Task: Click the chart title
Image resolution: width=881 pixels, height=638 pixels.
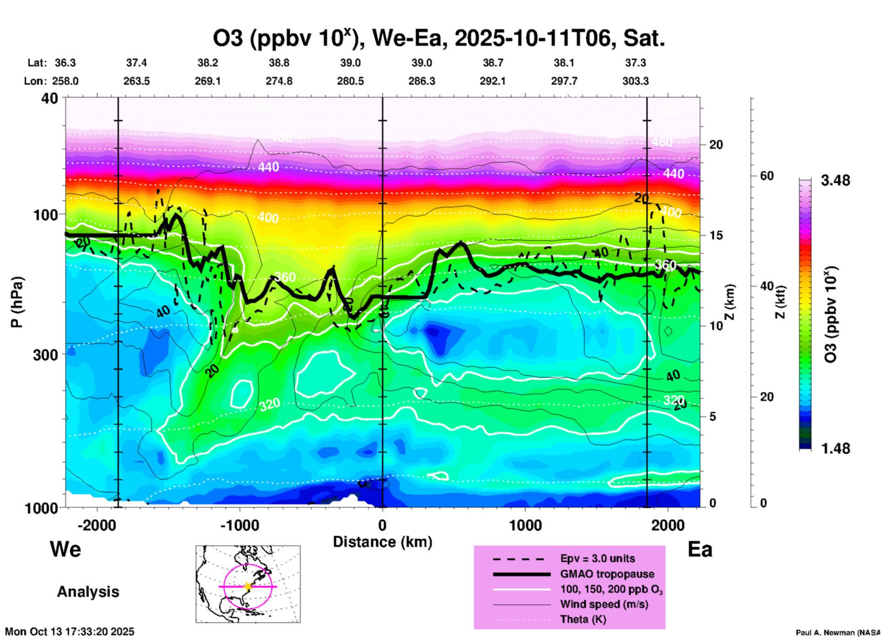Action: click(438, 38)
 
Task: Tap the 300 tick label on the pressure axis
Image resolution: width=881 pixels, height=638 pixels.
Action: click(45, 355)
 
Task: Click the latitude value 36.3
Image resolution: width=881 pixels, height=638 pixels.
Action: click(65, 63)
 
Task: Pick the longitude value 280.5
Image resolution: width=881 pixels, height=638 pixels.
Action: click(350, 81)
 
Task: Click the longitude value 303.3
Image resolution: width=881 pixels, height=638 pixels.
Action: click(635, 81)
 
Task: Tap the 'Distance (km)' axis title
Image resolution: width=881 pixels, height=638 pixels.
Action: click(382, 542)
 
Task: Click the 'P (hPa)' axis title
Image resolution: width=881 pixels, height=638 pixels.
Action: click(17, 302)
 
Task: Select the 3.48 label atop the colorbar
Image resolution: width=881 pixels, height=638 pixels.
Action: click(835, 181)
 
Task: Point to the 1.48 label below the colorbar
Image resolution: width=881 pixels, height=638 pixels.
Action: click(835, 449)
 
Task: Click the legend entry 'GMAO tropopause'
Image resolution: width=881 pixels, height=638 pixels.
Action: click(607, 574)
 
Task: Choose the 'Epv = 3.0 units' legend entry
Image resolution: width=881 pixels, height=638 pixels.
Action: click(597, 559)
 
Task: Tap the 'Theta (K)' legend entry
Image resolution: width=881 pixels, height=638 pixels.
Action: click(583, 620)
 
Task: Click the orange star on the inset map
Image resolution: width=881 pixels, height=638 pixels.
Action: click(248, 586)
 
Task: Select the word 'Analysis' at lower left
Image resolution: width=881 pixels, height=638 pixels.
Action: click(88, 592)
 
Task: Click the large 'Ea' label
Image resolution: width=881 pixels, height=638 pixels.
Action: click(700, 549)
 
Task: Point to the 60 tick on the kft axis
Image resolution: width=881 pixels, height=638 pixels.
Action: click(767, 176)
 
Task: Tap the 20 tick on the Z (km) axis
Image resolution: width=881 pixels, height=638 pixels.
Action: click(716, 145)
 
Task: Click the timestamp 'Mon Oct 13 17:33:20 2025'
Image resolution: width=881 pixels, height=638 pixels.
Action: click(70, 632)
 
